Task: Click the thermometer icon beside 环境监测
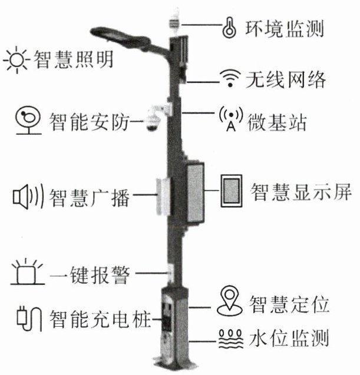tap(227, 27)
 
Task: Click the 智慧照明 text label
tap(74, 60)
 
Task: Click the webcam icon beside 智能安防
tap(27, 120)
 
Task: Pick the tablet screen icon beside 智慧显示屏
tap(232, 190)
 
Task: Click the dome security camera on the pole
tap(154, 121)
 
